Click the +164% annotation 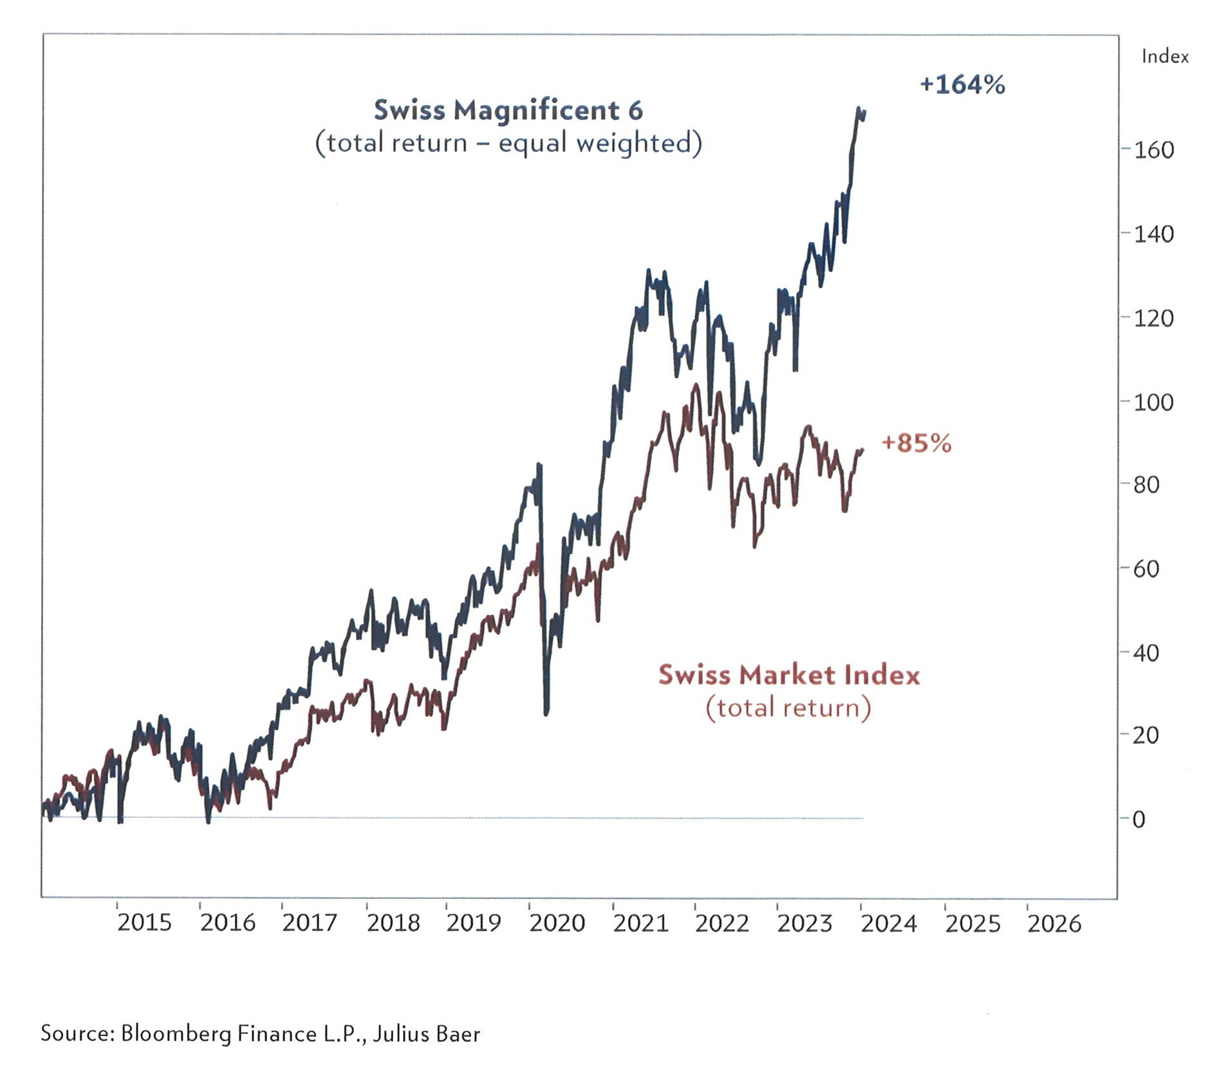coord(962,84)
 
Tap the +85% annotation coord(915,443)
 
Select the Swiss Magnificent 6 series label coord(508,110)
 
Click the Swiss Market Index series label coord(788,674)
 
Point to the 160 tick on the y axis coord(1153,150)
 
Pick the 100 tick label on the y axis coord(1153,402)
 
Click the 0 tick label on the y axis coord(1138,819)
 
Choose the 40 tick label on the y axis coord(1146,653)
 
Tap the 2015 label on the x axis coord(144,922)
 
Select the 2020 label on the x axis coord(557,923)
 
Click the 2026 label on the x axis coord(1054,923)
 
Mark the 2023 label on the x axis coord(804,923)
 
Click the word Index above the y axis coord(1164,57)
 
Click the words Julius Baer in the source coord(427,1033)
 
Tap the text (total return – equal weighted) coord(508,142)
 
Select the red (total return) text coord(788,707)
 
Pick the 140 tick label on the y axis coord(1153,234)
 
